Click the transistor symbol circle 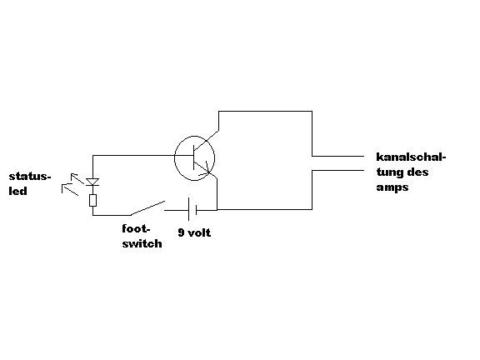click(x=174, y=158)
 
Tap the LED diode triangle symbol click(x=92, y=182)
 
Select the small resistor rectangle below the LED click(x=93, y=201)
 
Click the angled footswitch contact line click(x=147, y=207)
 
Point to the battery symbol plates click(x=192, y=210)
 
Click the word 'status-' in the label click(x=29, y=177)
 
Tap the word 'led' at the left click(x=17, y=191)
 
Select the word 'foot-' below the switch click(x=136, y=228)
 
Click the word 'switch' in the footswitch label click(x=142, y=243)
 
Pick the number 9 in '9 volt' click(x=181, y=233)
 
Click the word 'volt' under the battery click(x=199, y=233)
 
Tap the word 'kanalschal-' click(x=411, y=157)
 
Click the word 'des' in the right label click(x=417, y=172)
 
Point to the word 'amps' click(x=392, y=187)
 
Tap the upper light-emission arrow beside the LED click(x=77, y=178)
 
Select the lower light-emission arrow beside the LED click(x=70, y=190)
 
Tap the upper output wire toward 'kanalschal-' click(x=338, y=156)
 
